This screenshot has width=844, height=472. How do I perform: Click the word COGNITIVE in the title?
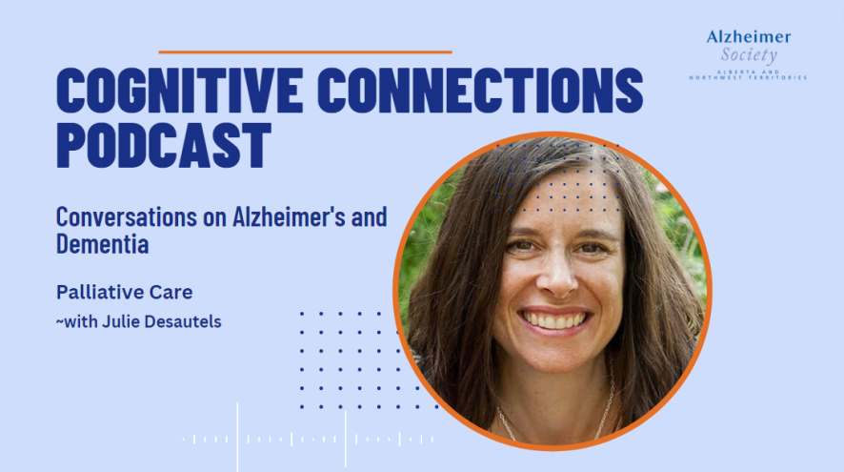(179, 90)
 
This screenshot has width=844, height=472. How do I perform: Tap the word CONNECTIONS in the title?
(480, 90)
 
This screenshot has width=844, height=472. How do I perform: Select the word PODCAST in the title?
(164, 145)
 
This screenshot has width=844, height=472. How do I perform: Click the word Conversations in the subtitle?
(127, 217)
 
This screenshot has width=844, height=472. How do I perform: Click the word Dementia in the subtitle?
(102, 244)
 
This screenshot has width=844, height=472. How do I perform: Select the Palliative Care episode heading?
(125, 292)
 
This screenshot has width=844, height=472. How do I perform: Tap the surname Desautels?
(183, 321)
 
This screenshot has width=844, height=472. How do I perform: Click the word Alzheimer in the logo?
(749, 36)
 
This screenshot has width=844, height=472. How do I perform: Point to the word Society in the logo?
(749, 55)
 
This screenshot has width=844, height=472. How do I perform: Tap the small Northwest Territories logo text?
(748, 77)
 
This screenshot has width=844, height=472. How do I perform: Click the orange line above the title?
(305, 52)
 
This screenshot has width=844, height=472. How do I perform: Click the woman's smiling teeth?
(554, 320)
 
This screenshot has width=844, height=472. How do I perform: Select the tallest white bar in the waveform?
(237, 437)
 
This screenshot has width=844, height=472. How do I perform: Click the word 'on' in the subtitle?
(214, 220)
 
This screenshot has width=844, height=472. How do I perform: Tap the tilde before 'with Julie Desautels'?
(60, 322)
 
